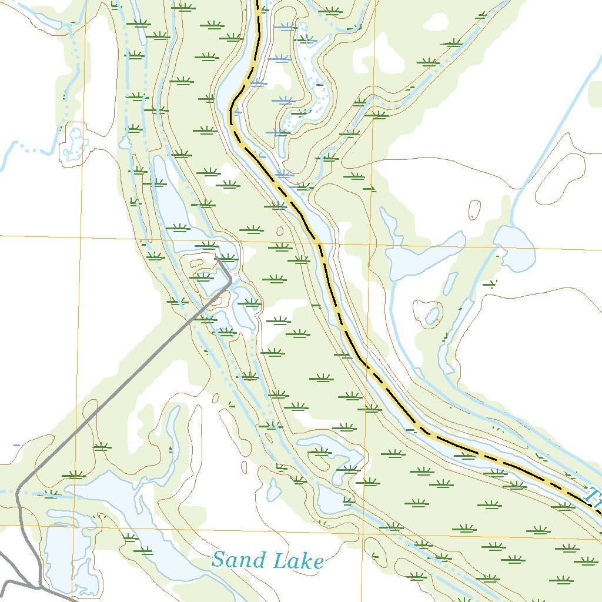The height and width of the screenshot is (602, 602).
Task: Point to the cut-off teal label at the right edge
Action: click(595, 497)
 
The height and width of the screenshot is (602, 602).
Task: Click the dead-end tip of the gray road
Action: click(217, 257)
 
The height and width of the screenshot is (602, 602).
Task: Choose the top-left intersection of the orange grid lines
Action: click(82, 236)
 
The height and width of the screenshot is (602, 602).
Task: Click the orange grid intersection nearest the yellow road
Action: click(371, 243)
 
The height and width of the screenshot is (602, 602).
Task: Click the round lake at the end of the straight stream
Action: click(514, 248)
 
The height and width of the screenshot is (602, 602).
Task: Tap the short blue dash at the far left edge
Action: click(16, 445)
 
